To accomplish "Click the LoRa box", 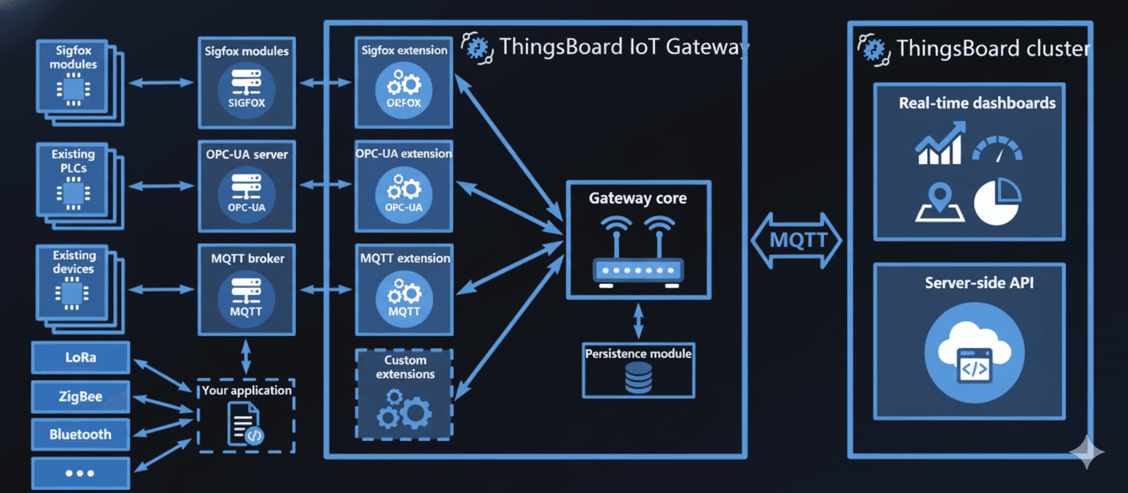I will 81,358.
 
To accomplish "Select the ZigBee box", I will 81,397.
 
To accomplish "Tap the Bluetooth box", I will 81,434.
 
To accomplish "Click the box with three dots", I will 81,473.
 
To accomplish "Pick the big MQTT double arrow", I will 798,240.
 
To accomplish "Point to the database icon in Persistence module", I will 637,377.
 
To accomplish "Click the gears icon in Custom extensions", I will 405,409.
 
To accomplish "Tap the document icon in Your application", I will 245,424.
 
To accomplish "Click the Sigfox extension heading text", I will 404,51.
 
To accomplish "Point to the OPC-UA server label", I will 247,155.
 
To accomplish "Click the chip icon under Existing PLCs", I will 73,193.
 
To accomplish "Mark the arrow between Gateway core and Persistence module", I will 639,320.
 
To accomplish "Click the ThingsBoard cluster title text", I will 993,49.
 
